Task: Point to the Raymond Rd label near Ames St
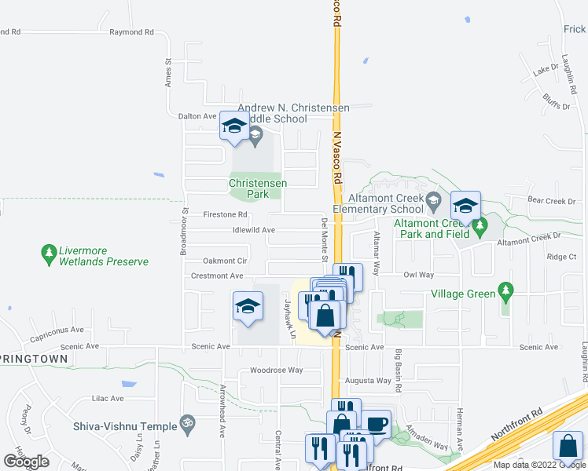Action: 131,32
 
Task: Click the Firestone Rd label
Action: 225,214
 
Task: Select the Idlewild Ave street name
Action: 253,230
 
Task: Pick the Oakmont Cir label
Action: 225,261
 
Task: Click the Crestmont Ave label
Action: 217,276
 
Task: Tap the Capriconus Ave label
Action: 57,331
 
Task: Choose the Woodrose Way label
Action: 276,370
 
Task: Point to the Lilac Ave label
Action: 108,398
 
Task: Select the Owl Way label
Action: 419,276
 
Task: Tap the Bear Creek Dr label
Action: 553,202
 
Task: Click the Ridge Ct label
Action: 561,257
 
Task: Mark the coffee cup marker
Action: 376,424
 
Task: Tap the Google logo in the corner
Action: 26,462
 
